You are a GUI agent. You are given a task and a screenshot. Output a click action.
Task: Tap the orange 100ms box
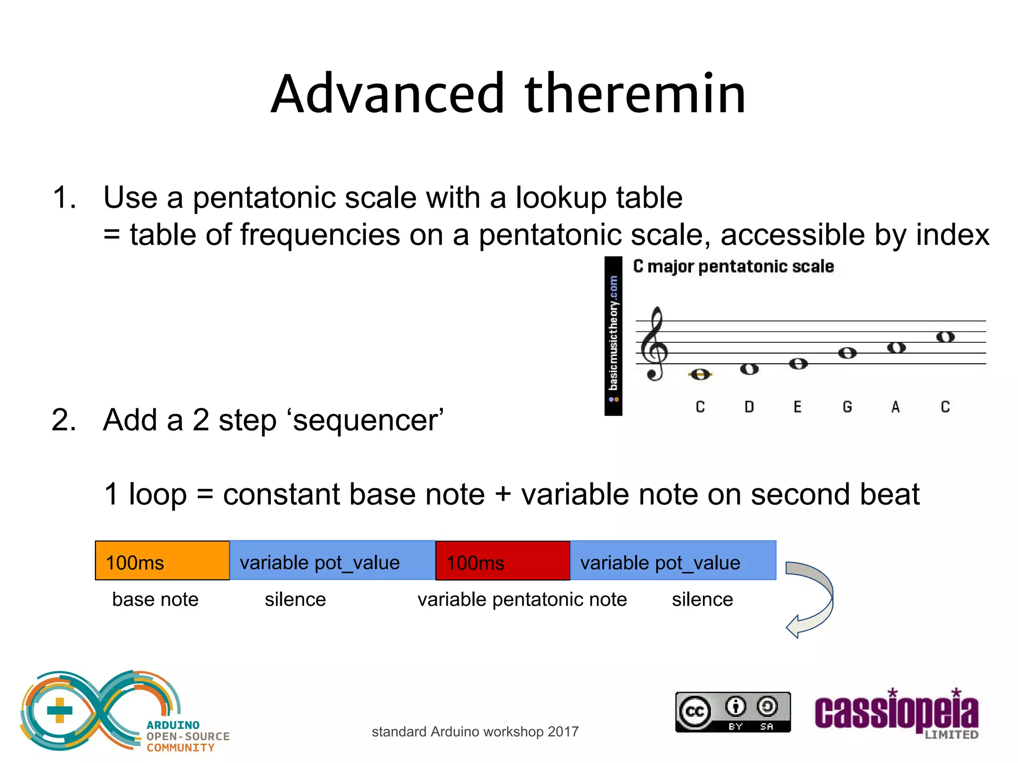tap(162, 561)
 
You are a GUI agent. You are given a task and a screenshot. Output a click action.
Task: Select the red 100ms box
tap(503, 561)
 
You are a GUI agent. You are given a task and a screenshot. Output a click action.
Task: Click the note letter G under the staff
tap(848, 407)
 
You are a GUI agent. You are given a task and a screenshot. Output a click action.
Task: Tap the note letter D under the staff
tap(749, 407)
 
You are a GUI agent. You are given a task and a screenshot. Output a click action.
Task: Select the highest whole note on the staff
tap(945, 337)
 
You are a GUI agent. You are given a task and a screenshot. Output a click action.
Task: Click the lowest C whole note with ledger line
tap(700, 375)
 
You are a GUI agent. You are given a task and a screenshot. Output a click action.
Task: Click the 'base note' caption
tap(155, 600)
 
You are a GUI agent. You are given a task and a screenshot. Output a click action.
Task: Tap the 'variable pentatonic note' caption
tap(522, 600)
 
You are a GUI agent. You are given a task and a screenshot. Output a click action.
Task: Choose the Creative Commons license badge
tap(733, 712)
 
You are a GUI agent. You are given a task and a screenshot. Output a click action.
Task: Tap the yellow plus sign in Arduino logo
tap(60, 710)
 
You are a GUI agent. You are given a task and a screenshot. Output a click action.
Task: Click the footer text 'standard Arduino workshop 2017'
tap(475, 732)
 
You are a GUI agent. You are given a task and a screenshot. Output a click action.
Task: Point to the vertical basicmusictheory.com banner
tap(613, 336)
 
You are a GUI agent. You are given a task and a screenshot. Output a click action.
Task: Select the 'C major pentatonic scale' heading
tap(733, 267)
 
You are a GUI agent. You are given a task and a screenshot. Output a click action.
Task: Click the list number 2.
tap(63, 420)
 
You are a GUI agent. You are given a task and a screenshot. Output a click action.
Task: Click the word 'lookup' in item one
tap(560, 198)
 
